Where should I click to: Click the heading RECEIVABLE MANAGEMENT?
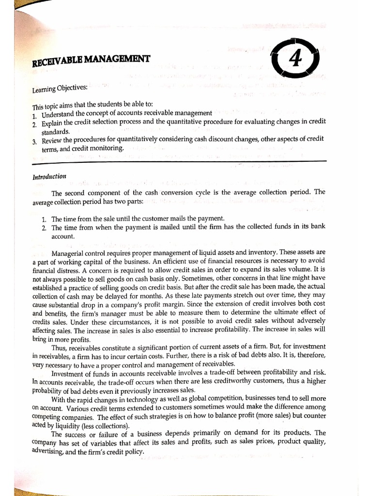[x=91, y=61]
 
